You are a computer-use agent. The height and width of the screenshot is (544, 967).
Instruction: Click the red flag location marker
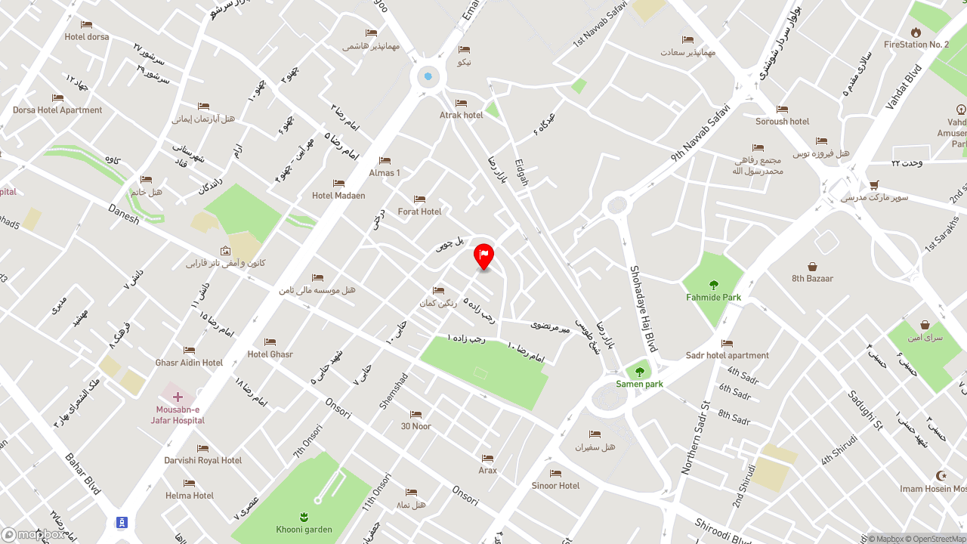[x=483, y=256]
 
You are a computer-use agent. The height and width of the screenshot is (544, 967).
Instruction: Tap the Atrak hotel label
[x=462, y=115]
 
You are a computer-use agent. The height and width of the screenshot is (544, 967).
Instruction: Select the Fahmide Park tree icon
[x=713, y=285]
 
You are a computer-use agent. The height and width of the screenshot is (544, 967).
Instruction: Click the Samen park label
[x=639, y=384]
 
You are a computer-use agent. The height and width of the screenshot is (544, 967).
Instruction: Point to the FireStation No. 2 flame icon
[x=916, y=32]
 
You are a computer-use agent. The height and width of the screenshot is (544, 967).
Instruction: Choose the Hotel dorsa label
[x=87, y=37]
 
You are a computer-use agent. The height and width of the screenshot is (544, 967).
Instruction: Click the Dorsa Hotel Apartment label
[x=57, y=110]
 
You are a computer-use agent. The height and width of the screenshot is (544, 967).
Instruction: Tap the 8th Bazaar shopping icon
[x=812, y=267]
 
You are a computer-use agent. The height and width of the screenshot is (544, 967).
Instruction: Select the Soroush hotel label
[x=782, y=122]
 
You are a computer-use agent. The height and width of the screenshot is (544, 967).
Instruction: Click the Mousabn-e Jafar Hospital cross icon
[x=178, y=397]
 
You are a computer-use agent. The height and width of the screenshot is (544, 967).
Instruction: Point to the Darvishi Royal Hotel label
[x=203, y=460]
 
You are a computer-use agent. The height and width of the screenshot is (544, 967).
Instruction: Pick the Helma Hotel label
[x=190, y=496]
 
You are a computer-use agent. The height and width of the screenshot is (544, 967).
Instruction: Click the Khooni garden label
[x=304, y=530]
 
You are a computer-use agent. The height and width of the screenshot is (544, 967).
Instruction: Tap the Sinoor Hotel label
[x=555, y=486]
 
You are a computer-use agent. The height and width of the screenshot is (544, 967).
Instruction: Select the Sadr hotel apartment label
[x=728, y=355]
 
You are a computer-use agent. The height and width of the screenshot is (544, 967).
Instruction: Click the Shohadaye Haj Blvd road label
[x=643, y=314]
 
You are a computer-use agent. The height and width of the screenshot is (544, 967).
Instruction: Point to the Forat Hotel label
[x=419, y=212]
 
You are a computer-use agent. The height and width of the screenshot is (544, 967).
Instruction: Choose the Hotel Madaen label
[x=338, y=196]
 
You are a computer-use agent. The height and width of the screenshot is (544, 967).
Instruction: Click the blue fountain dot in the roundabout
[x=428, y=76]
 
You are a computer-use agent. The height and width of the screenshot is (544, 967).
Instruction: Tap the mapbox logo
[x=33, y=534]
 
